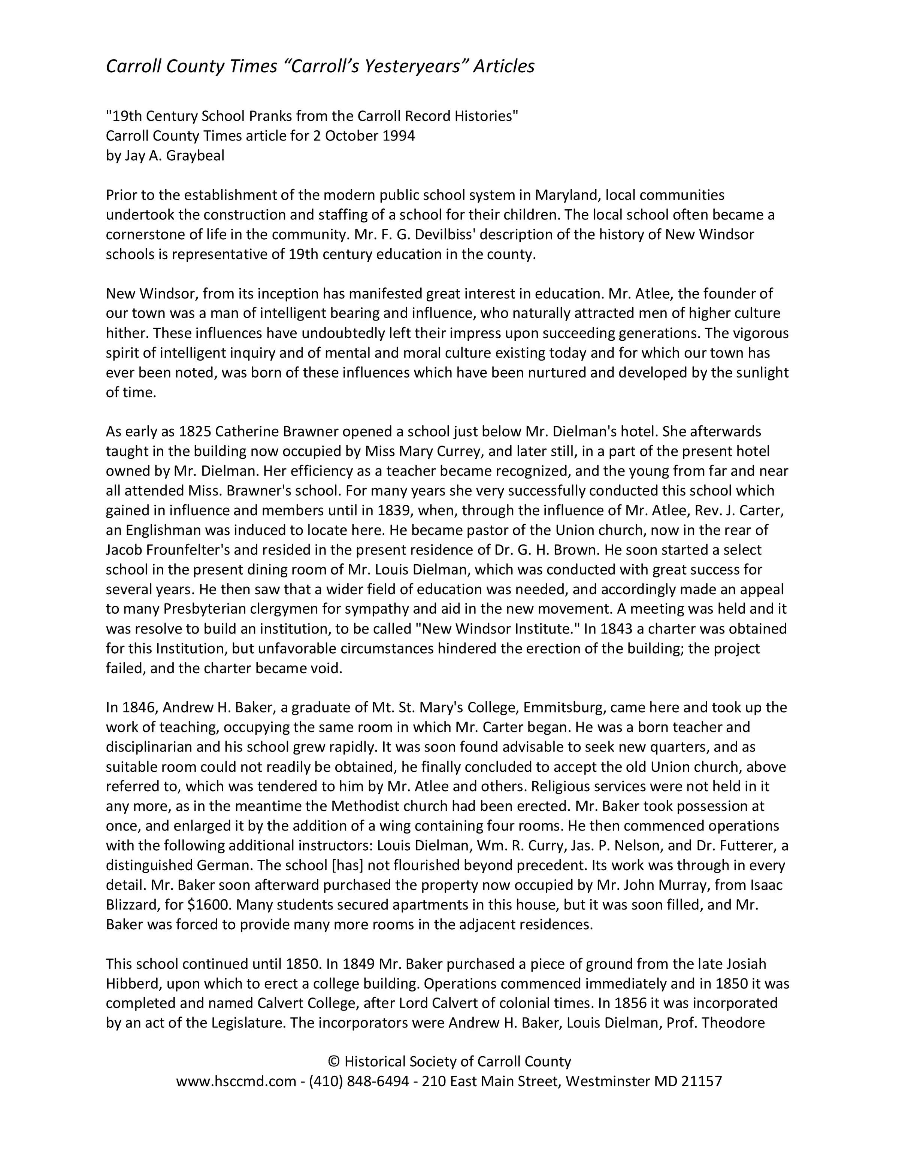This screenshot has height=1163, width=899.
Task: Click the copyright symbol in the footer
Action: pyautogui.click(x=334, y=1062)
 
